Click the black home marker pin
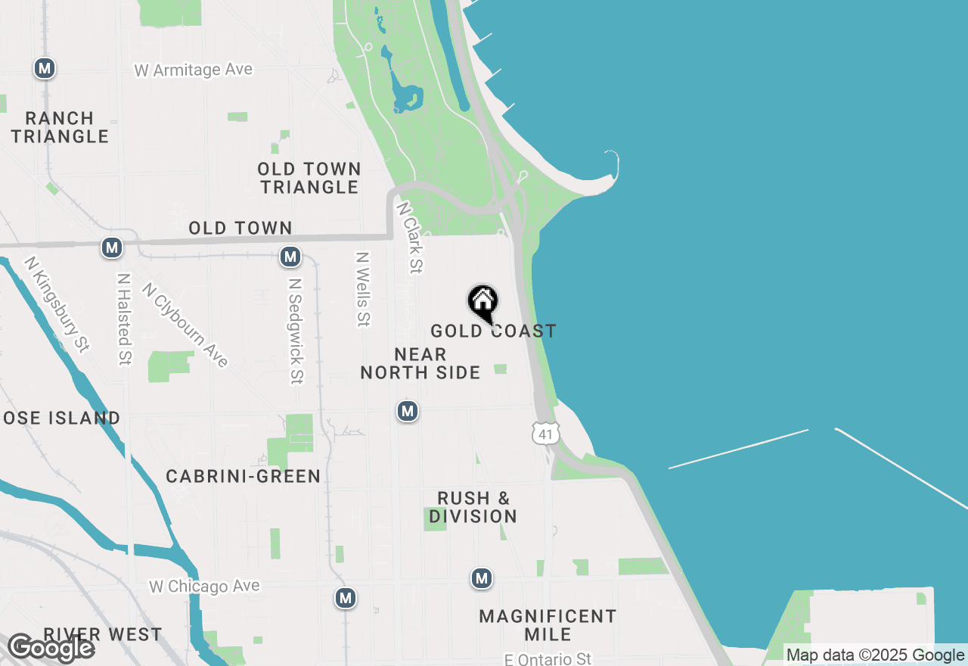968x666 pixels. pyautogui.click(x=482, y=303)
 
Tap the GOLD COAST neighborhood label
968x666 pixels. pyautogui.click(x=493, y=331)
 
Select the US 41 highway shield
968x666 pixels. pyautogui.click(x=545, y=433)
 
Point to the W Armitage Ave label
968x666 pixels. pyautogui.click(x=194, y=70)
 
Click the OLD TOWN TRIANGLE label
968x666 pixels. pyautogui.click(x=309, y=178)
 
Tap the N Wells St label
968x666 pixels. pyautogui.click(x=364, y=289)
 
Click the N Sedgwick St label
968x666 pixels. pyautogui.click(x=296, y=331)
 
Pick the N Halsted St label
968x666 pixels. pyautogui.click(x=124, y=319)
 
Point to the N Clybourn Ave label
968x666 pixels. pyautogui.click(x=185, y=325)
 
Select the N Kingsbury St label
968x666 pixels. pyautogui.click(x=57, y=303)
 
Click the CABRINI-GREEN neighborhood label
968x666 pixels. pyautogui.click(x=243, y=476)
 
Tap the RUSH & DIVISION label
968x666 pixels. pyautogui.click(x=473, y=507)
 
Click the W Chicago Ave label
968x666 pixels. pyautogui.click(x=204, y=587)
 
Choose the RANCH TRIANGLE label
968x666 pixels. pyautogui.click(x=60, y=127)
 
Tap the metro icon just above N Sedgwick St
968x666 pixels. pyautogui.click(x=290, y=257)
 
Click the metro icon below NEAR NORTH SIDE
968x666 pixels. pyautogui.click(x=408, y=411)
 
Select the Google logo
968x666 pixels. pyautogui.click(x=51, y=649)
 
